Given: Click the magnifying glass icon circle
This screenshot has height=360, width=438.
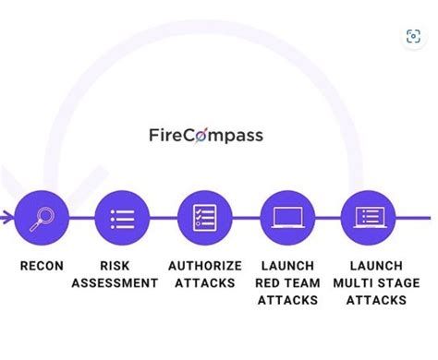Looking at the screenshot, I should coord(42,219).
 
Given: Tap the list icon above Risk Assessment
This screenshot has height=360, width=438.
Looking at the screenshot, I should coord(122,219).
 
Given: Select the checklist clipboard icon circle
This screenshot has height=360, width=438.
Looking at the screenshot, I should coord(204,219).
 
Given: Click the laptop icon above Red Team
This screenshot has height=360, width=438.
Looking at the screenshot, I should coord(287,219).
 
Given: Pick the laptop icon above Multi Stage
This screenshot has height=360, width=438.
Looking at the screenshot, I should coord(369,219).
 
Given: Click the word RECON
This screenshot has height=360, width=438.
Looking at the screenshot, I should coord(42,266).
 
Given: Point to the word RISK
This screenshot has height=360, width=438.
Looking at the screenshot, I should coord(115,266).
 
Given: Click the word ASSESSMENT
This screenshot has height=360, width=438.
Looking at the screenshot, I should coord(115,283).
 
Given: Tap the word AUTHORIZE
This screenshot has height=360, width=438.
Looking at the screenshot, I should coord(205,266).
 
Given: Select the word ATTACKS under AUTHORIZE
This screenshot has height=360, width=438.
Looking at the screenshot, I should coord(205,283).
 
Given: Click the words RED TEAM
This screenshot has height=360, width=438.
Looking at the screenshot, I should coord(288,283).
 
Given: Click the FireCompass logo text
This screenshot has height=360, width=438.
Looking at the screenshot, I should coord(205,136).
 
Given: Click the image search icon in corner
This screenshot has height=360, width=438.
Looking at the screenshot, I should coord(413,37).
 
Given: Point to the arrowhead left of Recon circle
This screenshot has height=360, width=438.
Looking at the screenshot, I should coord(6,219).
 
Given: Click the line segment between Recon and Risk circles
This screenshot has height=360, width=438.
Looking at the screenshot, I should coord(81,219).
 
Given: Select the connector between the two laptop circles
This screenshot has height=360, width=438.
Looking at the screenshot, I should coord(328,219).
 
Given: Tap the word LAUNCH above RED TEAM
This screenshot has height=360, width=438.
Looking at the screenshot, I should coord(288,266).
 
